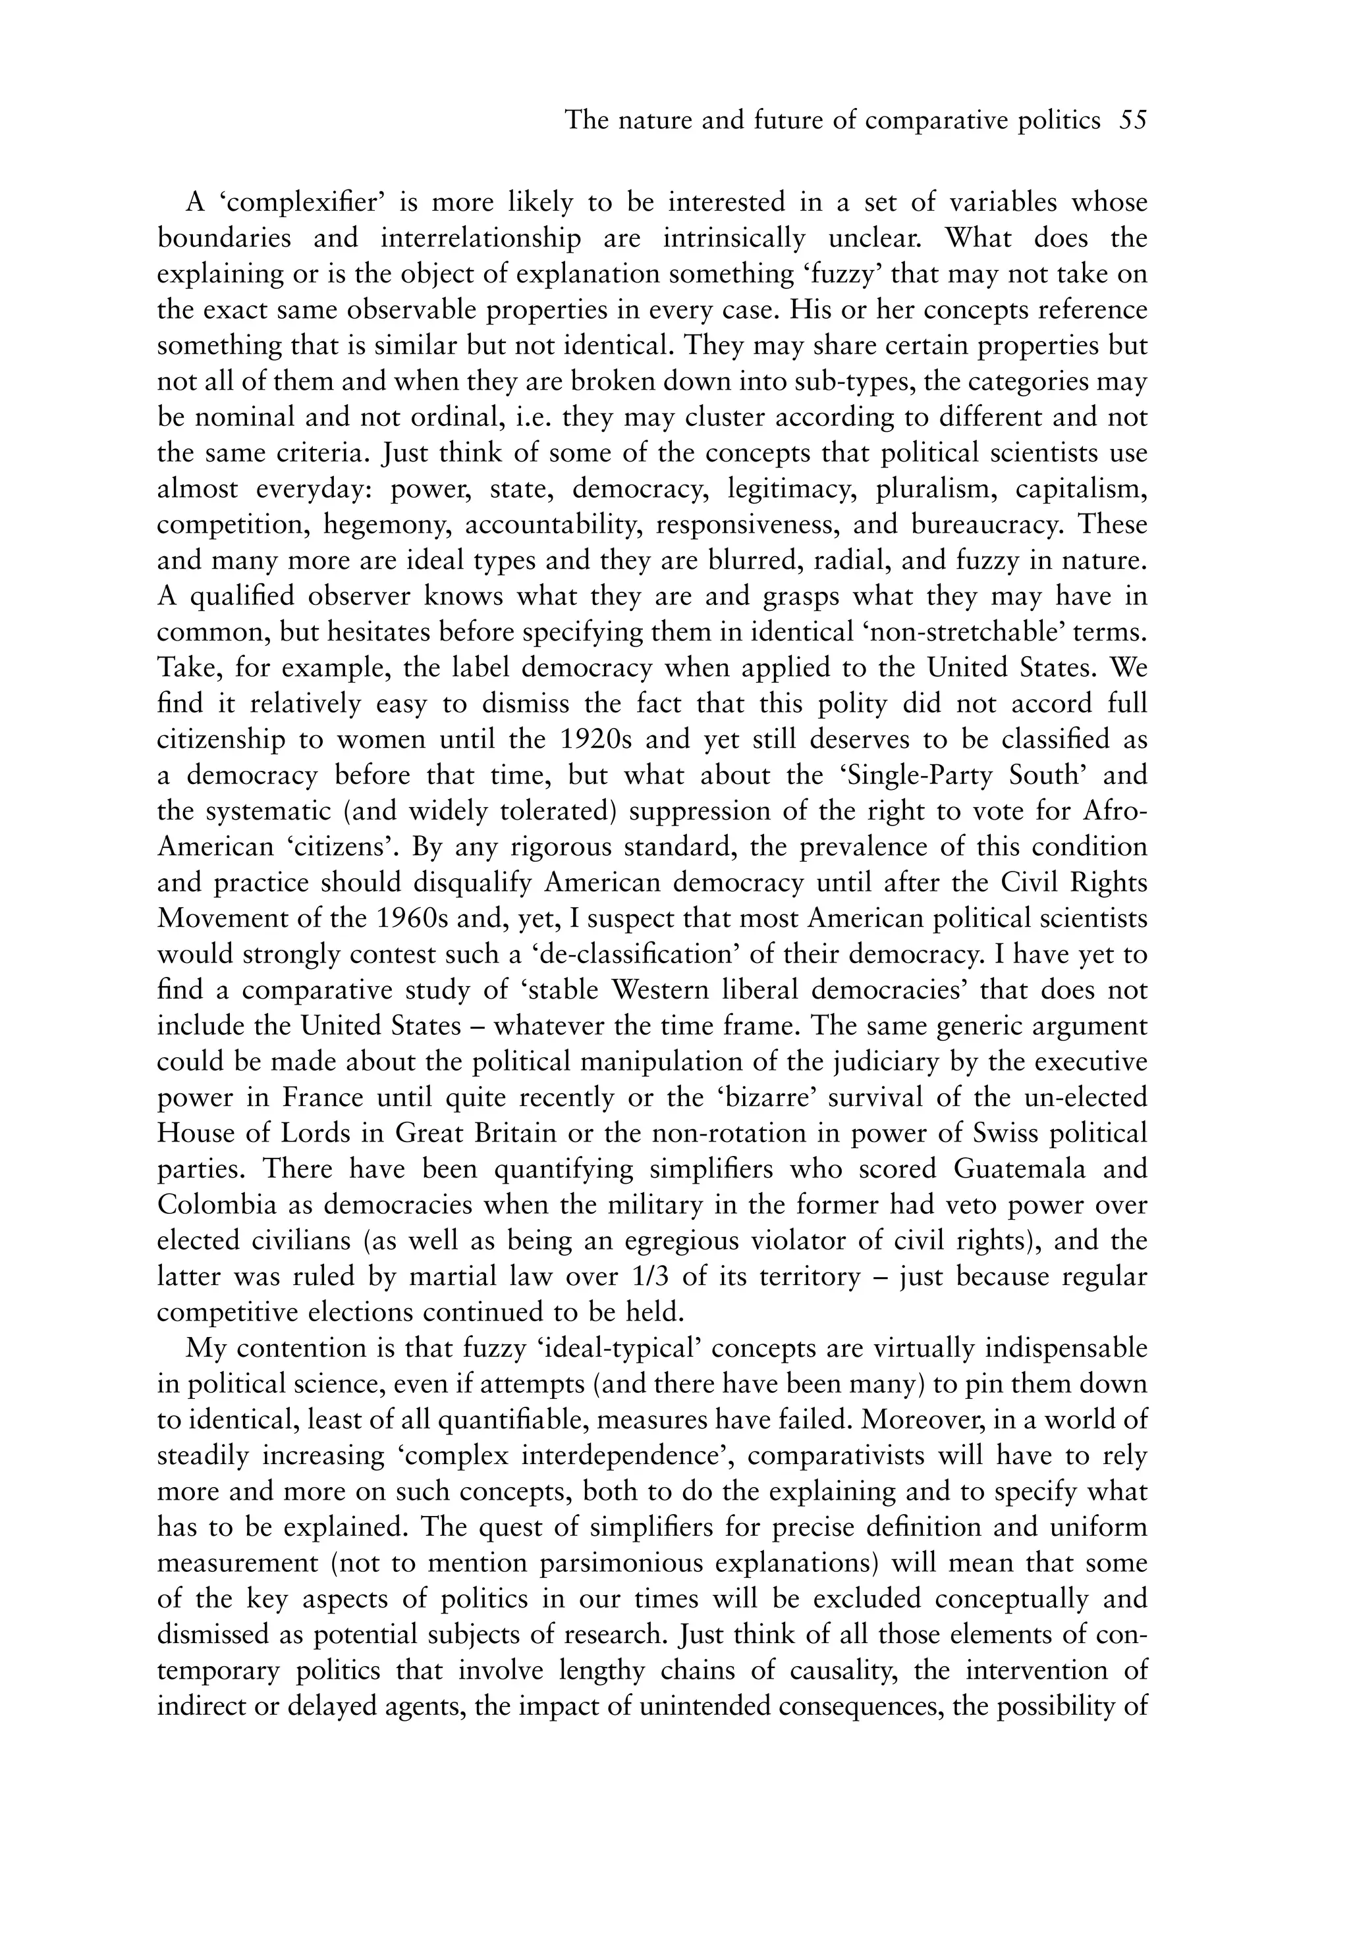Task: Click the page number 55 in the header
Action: (1133, 120)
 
